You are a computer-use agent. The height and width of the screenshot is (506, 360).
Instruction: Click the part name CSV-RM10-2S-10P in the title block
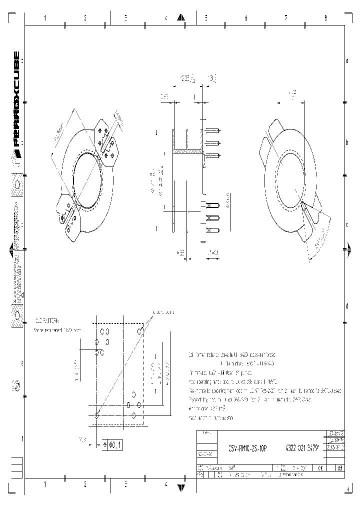pos(247,449)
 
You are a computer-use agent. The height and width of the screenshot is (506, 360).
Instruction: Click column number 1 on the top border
pos(45,18)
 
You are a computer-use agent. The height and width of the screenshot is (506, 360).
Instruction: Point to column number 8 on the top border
pos(325,18)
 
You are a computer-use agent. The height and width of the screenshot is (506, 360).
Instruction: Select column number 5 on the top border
pos(205,18)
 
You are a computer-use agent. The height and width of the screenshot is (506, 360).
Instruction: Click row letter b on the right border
pos(347,142)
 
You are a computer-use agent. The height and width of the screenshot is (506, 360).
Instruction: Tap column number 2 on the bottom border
pos(85,484)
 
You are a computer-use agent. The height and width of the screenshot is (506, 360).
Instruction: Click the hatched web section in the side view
pos(187,150)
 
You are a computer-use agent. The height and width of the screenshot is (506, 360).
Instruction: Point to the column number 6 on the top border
pos(245,18)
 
